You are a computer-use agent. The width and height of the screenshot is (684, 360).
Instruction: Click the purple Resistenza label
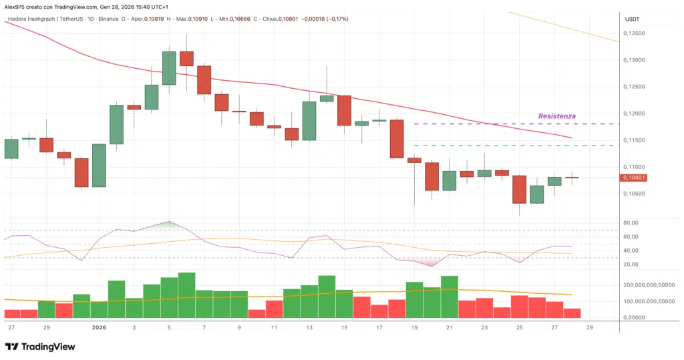556,116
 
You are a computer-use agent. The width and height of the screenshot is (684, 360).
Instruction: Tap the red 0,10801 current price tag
633,178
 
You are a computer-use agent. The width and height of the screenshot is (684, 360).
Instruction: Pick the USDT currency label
632,19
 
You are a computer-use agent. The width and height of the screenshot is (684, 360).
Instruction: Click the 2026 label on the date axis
99,327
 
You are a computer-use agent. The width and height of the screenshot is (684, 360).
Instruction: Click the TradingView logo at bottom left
40,347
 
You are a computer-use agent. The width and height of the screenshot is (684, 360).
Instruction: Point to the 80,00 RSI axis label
631,222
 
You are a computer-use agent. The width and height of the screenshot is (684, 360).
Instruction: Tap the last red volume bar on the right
572,313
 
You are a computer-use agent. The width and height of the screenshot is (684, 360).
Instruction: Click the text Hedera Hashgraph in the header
30,19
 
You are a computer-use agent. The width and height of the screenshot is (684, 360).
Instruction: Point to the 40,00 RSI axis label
631,250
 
